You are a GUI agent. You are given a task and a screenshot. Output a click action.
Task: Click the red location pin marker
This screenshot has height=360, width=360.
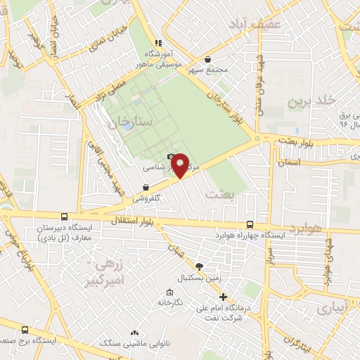[180, 166]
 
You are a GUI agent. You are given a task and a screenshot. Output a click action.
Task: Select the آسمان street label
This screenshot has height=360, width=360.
[290, 161]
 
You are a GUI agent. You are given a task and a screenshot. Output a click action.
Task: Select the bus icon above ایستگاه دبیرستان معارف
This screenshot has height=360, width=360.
[65, 218]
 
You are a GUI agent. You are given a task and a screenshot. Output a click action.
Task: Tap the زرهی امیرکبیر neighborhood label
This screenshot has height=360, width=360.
[109, 270]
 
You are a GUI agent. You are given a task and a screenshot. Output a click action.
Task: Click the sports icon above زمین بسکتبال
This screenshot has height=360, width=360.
[199, 266]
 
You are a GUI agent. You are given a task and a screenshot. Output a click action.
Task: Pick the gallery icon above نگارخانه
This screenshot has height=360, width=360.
[169, 292]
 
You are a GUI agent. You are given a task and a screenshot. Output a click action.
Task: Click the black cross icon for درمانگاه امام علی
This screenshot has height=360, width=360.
[223, 297]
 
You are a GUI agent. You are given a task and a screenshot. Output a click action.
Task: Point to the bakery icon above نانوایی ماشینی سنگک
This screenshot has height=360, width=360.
[134, 333]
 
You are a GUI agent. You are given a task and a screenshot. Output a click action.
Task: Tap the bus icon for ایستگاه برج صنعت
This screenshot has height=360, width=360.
[26, 329]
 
